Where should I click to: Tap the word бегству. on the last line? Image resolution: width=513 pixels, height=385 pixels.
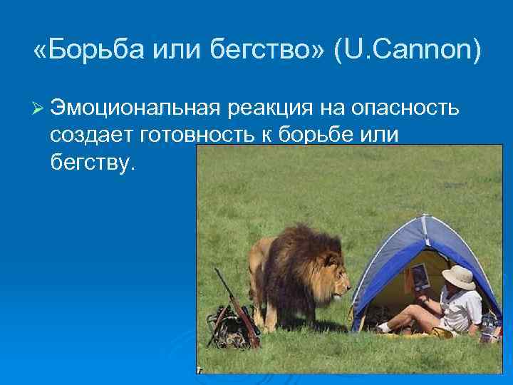pos(93,163)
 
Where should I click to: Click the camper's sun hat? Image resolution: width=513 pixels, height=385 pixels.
pos(457,276)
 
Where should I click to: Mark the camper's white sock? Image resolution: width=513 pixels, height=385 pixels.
pos(385,327)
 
